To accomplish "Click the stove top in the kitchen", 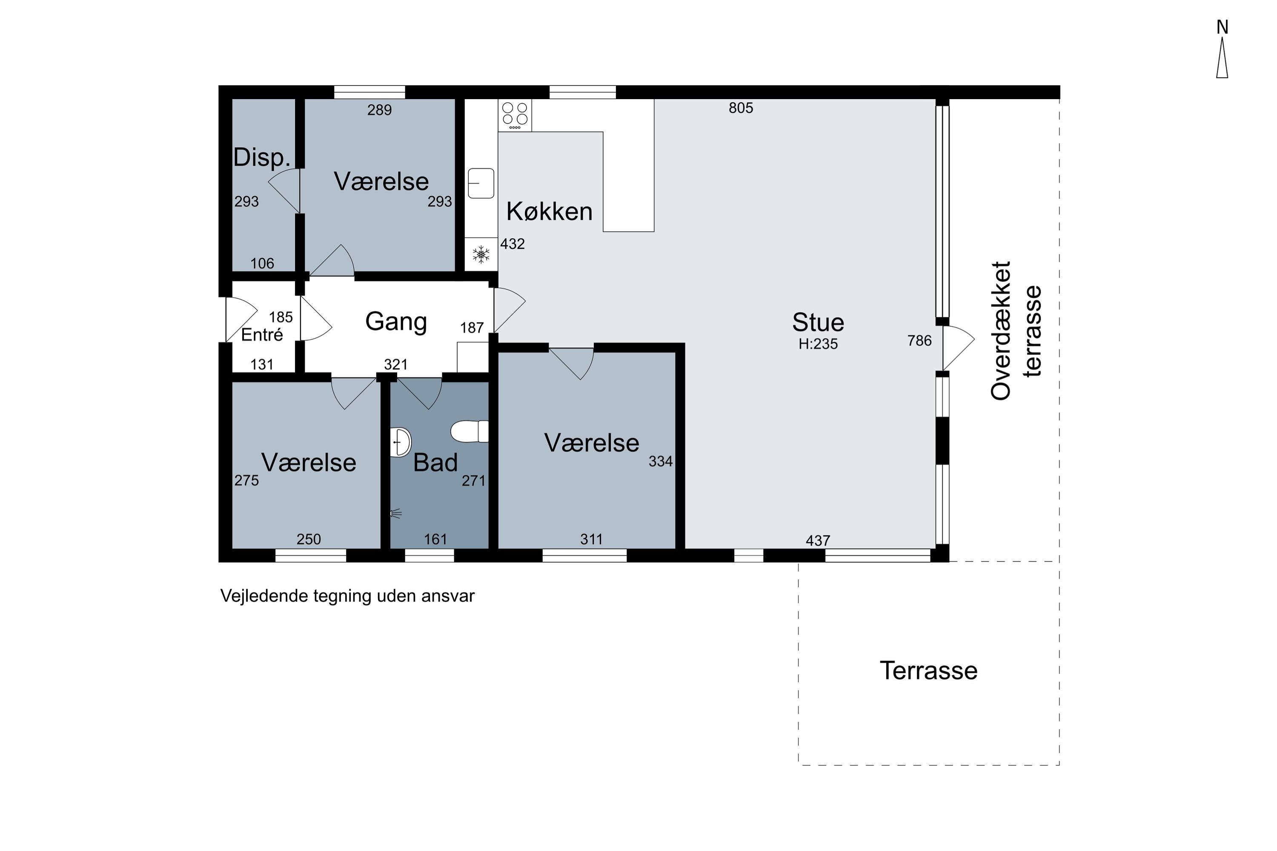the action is (x=515, y=115).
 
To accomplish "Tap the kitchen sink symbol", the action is (x=481, y=183).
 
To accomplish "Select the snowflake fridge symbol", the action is (x=481, y=254).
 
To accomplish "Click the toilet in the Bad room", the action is (x=470, y=431).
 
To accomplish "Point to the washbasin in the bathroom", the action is (x=401, y=442).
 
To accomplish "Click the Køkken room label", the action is (x=550, y=211).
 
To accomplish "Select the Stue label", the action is (x=818, y=323).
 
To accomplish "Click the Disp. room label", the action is (x=262, y=157).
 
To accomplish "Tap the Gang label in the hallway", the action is (x=396, y=321).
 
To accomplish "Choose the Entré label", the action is (x=262, y=334).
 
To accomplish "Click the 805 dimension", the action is (x=741, y=108).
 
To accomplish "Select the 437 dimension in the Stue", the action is (x=818, y=540).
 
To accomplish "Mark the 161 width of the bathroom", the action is (x=435, y=539).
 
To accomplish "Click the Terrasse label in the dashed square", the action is (x=929, y=671).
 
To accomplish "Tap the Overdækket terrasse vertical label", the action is (x=1016, y=331).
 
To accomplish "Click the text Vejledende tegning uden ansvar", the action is (x=347, y=596).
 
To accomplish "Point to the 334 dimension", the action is (x=661, y=461).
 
